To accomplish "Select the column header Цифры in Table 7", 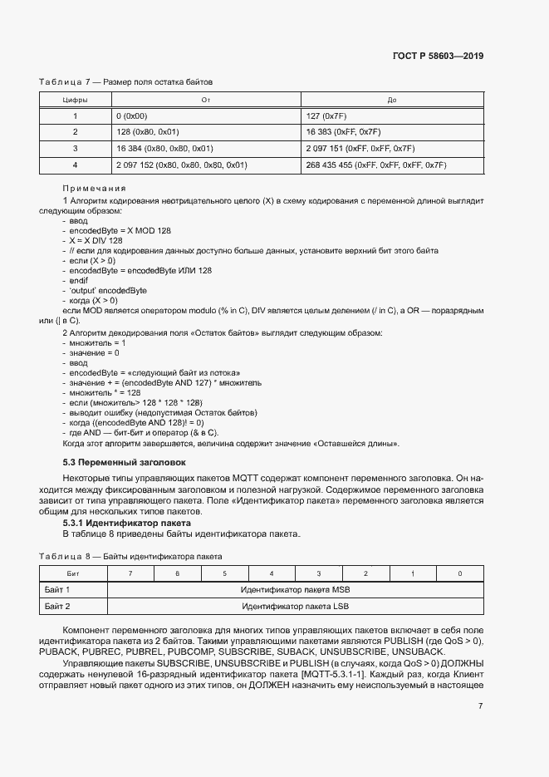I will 75,100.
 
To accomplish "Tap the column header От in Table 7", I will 205,100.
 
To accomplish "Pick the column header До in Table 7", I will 392,100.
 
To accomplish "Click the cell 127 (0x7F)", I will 326,116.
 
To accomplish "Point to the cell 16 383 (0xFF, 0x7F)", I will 343,132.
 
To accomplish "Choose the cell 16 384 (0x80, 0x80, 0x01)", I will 164,149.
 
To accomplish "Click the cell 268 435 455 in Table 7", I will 375,165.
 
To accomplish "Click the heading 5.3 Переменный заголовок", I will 125,461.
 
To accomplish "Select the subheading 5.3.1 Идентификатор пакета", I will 127,523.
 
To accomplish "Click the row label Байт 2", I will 56,606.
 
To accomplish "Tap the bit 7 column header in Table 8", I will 130,573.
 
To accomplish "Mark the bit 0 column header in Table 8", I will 460,573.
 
